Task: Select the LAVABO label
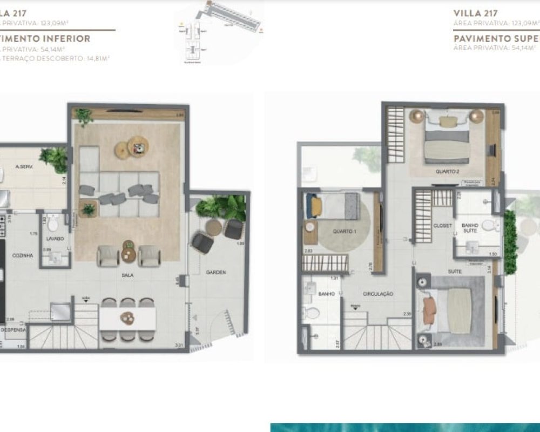click(55, 238)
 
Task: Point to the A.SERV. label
click(24, 167)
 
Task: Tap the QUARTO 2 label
click(447, 172)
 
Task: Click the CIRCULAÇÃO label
click(378, 294)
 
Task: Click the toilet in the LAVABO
click(53, 223)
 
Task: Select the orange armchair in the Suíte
click(429, 309)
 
